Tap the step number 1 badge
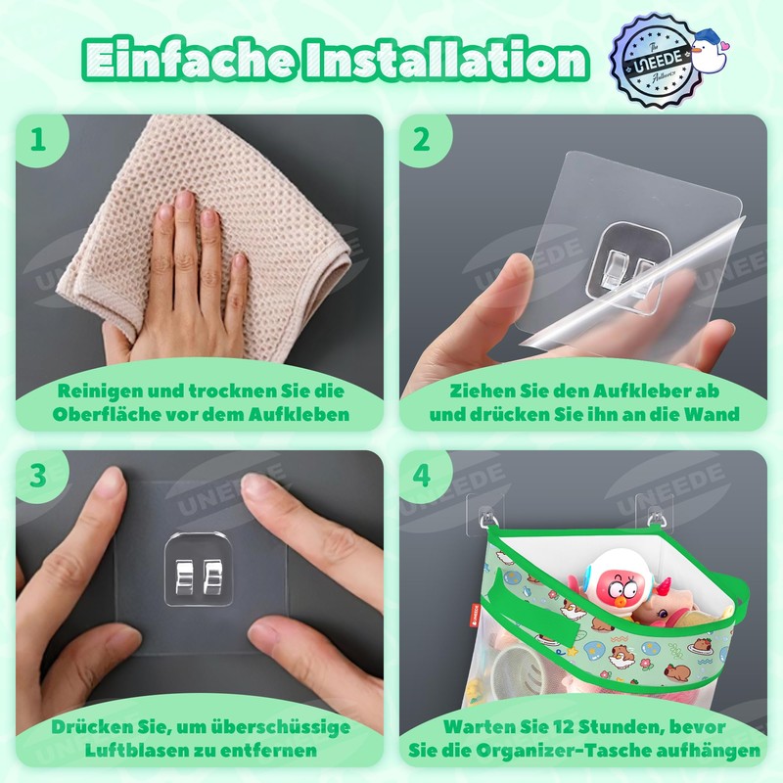(39, 139)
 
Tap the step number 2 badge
(422, 139)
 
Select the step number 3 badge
(39, 476)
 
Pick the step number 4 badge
(422, 476)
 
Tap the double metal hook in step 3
(199, 570)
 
